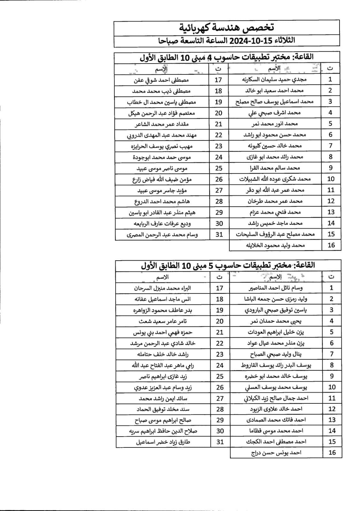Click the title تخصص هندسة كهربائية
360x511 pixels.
226,28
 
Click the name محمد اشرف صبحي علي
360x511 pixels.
274,113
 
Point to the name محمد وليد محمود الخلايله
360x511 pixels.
275,245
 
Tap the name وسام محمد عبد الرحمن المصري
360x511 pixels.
162,235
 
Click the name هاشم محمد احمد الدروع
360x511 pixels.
162,202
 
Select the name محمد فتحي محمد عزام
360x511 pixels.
275,212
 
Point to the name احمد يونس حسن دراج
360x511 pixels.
276,453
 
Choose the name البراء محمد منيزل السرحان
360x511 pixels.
162,288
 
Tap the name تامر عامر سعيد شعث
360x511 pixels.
163,321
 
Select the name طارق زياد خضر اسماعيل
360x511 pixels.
163,442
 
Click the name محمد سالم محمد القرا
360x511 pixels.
275,168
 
